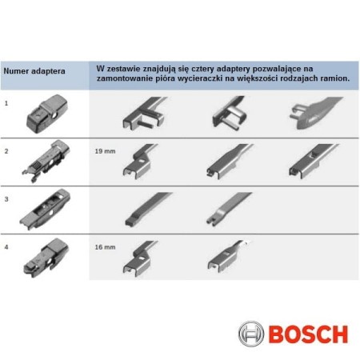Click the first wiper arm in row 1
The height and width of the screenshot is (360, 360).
pos(144,112)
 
